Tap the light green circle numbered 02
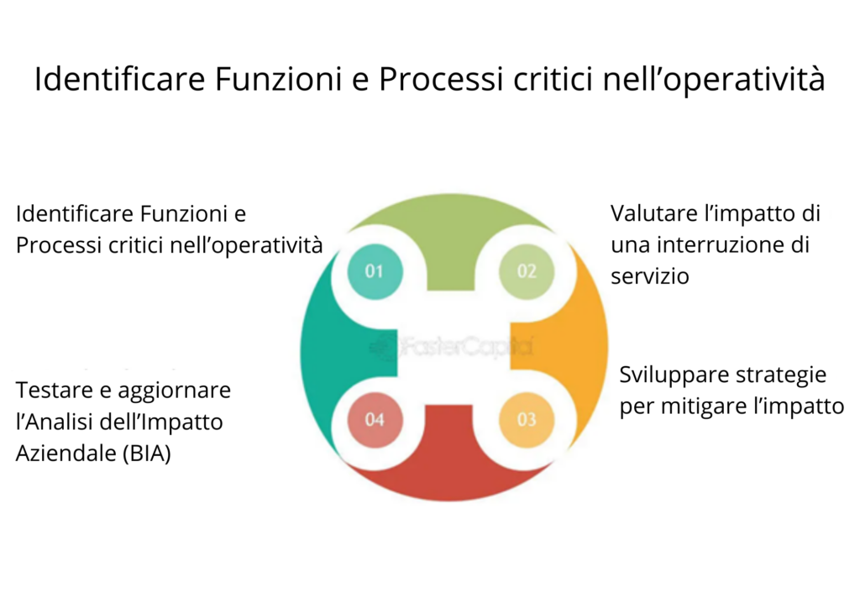click(x=527, y=270)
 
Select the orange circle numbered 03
click(x=527, y=419)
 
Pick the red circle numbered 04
click(x=375, y=419)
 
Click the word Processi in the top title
click(x=437, y=80)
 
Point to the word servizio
click(x=650, y=275)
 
